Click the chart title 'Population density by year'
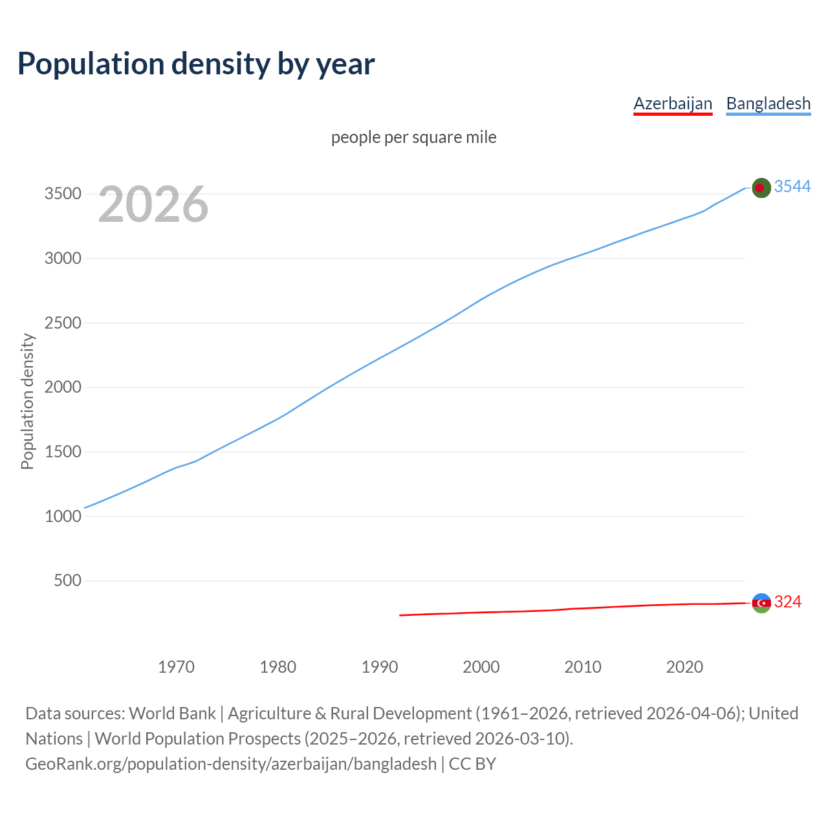point(196,64)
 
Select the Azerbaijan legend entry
point(673,103)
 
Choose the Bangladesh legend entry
point(768,103)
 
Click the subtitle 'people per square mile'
point(414,138)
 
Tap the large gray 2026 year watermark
point(153,204)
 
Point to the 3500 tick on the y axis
point(63,194)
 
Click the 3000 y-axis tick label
point(63,259)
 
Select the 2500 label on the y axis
point(63,323)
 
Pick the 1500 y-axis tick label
point(63,452)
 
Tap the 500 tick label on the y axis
point(68,580)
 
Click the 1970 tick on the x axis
point(176,667)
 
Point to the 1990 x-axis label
point(380,667)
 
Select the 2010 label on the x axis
point(583,667)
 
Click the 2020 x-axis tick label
point(684,667)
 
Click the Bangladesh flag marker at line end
point(761,188)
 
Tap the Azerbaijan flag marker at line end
point(761,603)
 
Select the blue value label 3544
point(792,187)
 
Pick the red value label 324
point(788,602)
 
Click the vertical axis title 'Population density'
point(27,401)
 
